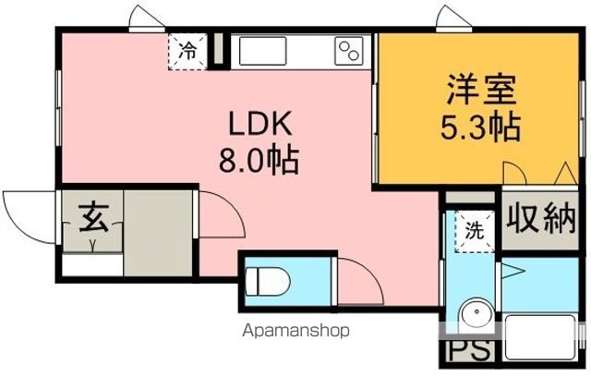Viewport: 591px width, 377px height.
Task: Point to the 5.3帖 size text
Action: pyautogui.click(x=479, y=126)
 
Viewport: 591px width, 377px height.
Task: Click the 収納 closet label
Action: pyautogui.click(x=540, y=221)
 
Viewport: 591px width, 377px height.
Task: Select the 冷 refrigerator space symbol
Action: pyautogui.click(x=187, y=50)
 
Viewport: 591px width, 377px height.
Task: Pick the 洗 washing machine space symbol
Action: pyautogui.click(x=472, y=230)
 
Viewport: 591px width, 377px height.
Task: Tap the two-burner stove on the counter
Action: pyautogui.click(x=349, y=49)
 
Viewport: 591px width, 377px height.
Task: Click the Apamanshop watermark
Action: pyautogui.click(x=295, y=330)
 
